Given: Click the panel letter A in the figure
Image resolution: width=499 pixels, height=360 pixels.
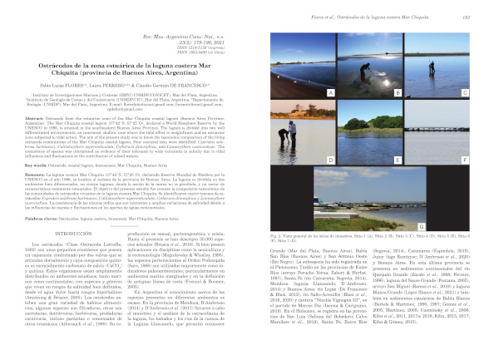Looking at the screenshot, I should pyautogui.click(x=331, y=91).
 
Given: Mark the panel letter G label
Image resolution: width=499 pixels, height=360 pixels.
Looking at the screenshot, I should pyautogui.click(x=470, y=226).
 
